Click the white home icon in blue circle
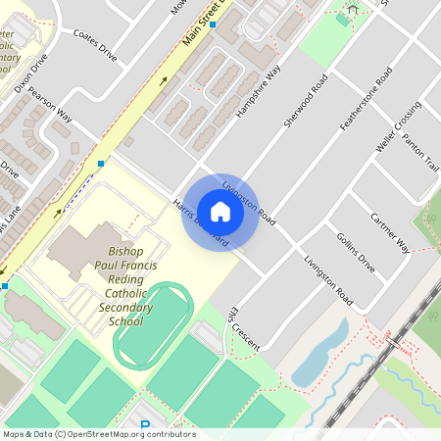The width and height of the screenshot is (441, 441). pos(220,212)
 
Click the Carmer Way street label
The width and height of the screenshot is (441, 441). pos(389,231)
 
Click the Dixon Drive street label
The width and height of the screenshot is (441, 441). pos(30,73)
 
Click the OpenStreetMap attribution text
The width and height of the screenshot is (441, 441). pos(99,433)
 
